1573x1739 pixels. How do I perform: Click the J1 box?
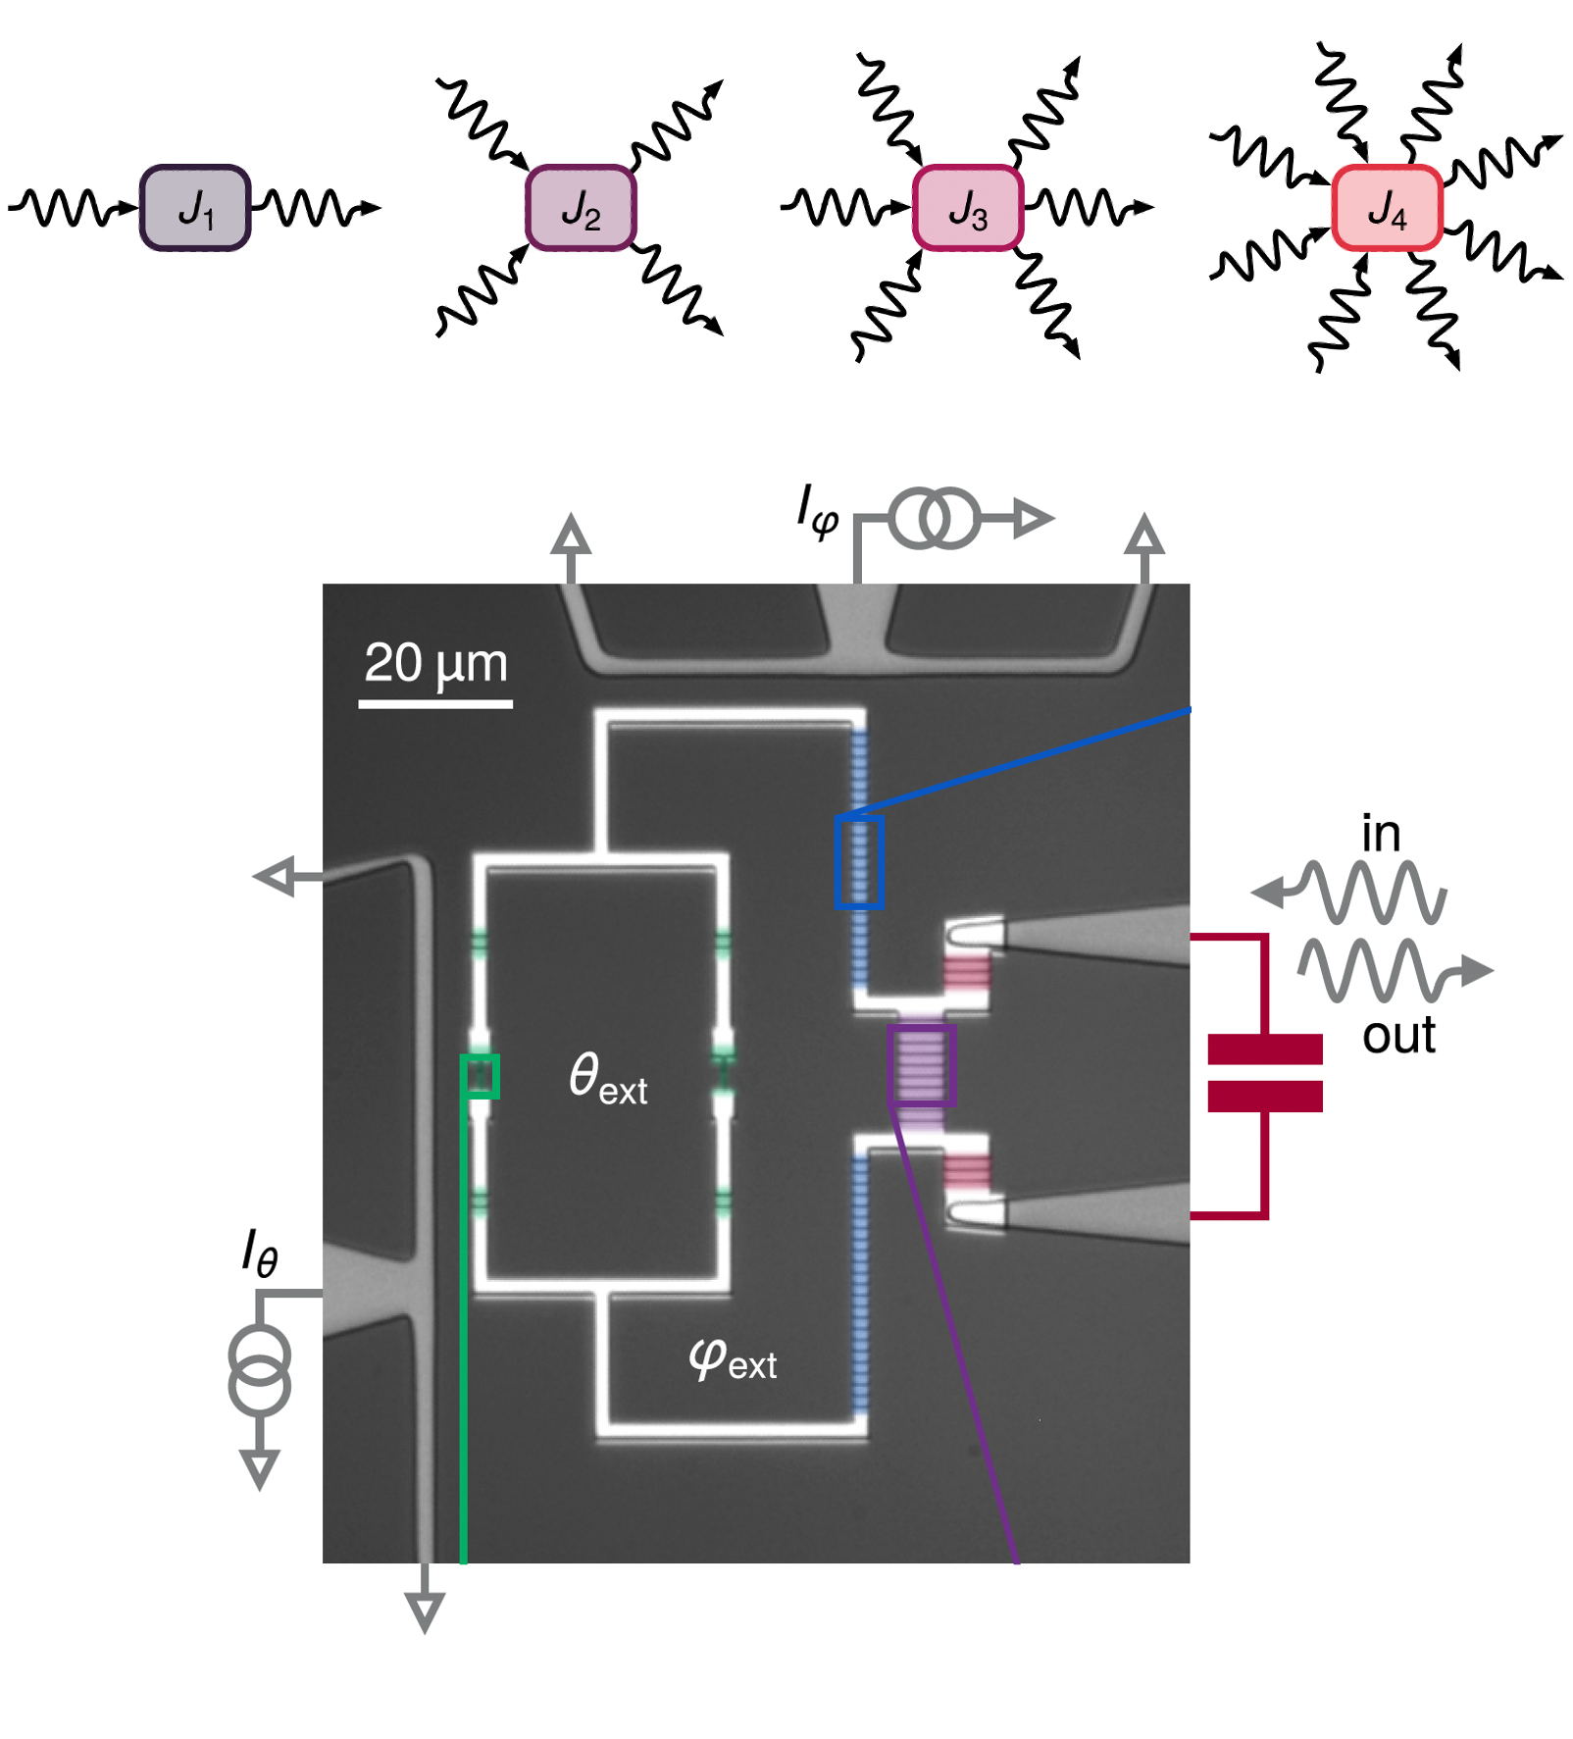coord(195,208)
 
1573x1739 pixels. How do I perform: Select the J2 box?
coord(581,208)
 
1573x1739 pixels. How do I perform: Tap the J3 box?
coord(968,208)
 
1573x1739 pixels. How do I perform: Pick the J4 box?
coord(1387,208)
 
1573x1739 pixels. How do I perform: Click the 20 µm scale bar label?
coord(435,664)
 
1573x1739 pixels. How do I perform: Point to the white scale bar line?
coord(435,703)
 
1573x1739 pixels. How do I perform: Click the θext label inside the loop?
coord(608,1078)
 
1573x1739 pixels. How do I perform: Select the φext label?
coord(732,1359)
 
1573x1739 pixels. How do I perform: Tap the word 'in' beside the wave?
coord(1381,835)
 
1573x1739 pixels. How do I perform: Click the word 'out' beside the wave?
coord(1398,1036)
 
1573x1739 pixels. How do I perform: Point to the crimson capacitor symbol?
coord(1265,1073)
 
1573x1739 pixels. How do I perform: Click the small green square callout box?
coord(481,1076)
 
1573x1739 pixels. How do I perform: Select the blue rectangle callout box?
coord(859,862)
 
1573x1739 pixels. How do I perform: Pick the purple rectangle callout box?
coord(921,1064)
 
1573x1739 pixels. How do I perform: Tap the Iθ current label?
coord(260,1253)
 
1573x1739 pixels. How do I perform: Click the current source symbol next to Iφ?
coord(935,518)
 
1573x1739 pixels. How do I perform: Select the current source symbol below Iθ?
coord(260,1370)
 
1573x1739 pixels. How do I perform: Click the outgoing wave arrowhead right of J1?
coord(371,208)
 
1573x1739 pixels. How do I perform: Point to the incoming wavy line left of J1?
coord(69,208)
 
